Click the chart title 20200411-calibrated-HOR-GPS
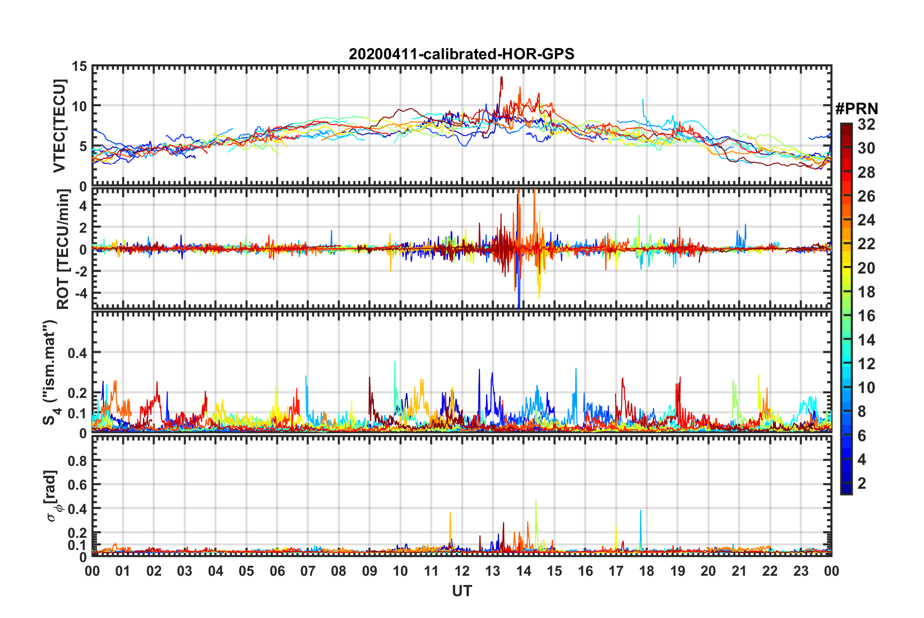[x=462, y=54]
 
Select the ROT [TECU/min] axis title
[x=63, y=249]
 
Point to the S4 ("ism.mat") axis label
[x=51, y=372]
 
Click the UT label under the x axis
[x=462, y=591]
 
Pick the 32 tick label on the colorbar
[x=866, y=124]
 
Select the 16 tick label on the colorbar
[x=866, y=316]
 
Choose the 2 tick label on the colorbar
[x=862, y=483]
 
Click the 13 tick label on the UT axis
[x=493, y=571]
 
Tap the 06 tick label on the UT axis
[x=277, y=571]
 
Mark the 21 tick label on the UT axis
[x=739, y=571]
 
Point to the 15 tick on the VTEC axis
[x=80, y=66]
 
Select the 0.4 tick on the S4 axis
[x=77, y=353]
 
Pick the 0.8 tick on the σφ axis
[x=77, y=460]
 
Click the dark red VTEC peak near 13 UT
[x=501, y=77]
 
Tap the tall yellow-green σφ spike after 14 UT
[x=536, y=500]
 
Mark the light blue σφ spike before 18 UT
[x=640, y=511]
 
